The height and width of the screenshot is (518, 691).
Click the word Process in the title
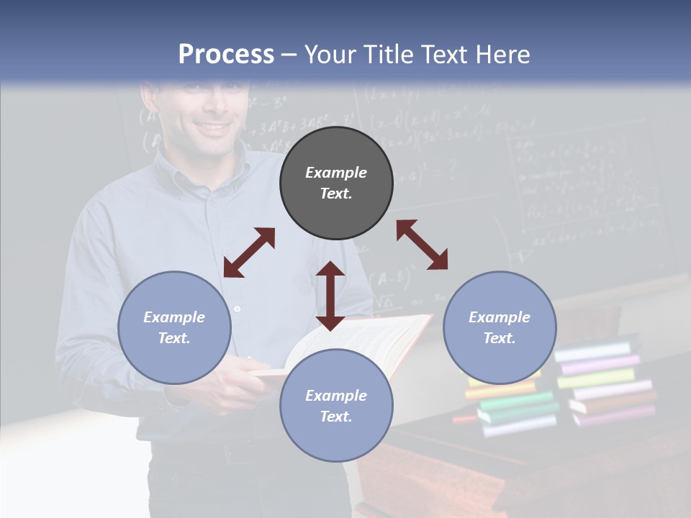(x=226, y=55)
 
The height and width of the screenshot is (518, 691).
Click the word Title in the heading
(x=385, y=55)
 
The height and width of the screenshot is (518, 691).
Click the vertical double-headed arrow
(x=330, y=296)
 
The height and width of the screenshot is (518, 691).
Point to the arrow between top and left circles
(x=249, y=253)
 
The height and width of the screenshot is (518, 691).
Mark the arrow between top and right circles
(x=422, y=245)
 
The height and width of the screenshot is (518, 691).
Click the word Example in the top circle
(x=336, y=173)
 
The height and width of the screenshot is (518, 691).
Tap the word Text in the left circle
(x=174, y=338)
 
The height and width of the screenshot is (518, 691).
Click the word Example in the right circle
(x=500, y=317)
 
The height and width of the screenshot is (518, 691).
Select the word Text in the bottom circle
(x=336, y=417)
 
